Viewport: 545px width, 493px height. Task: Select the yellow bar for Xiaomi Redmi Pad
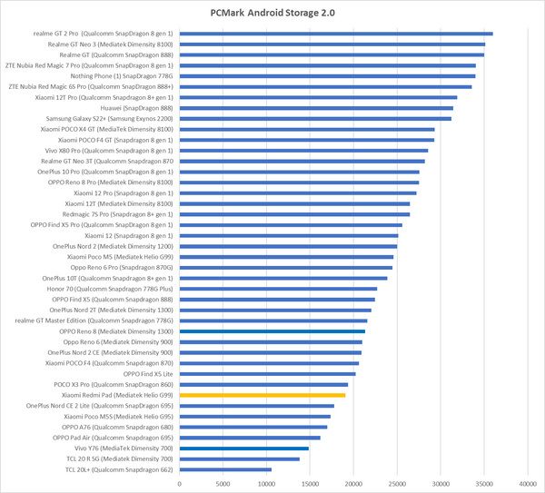pyautogui.click(x=263, y=396)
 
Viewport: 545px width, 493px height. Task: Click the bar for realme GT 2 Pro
pyautogui.click(x=336, y=34)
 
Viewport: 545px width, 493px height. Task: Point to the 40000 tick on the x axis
pyautogui.click(x=527, y=483)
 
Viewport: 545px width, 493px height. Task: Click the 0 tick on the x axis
pyautogui.click(x=180, y=483)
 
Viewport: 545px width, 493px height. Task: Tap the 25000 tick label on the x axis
pyautogui.click(x=397, y=483)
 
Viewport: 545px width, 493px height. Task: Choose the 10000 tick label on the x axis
pyautogui.click(x=266, y=483)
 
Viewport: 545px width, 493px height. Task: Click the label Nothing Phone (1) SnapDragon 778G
pyautogui.click(x=121, y=76)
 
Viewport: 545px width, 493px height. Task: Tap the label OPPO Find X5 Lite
pyautogui.click(x=149, y=374)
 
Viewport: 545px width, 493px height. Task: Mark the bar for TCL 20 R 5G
pyautogui.click(x=240, y=459)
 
